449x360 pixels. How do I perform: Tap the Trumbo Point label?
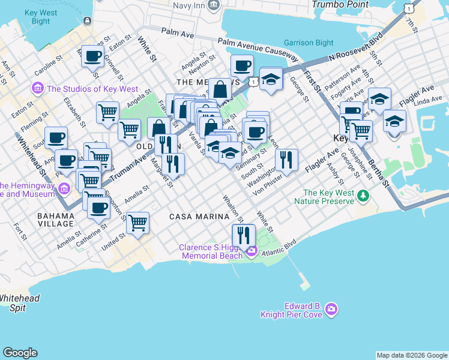tap(340, 4)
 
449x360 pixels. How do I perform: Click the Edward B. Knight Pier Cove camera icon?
tap(331, 309)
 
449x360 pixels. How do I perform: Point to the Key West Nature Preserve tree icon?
tap(362, 196)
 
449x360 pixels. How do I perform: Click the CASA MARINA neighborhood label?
tap(199, 216)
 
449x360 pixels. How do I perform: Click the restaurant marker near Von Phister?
tap(286, 160)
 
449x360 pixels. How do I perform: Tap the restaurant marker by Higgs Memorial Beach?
tap(244, 235)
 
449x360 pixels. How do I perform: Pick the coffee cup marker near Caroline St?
tap(92, 56)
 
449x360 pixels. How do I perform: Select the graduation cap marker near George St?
tap(271, 79)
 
